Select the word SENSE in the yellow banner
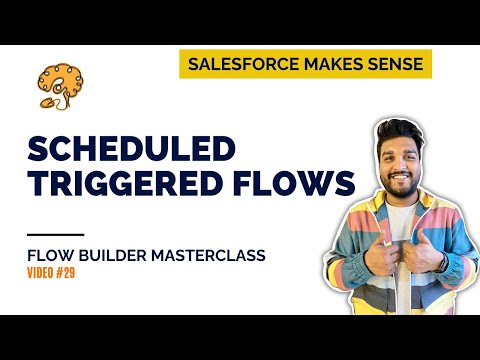[x=392, y=64]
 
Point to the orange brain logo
[x=55, y=85]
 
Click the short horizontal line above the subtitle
[x=49, y=235]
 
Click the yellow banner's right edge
[x=431, y=64]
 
